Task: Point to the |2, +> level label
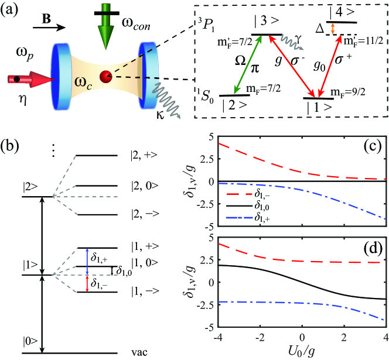pyautogui.click(x=145, y=156)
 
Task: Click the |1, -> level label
pyautogui.click(x=145, y=292)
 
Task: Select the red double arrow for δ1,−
pyautogui.click(x=86, y=283)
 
